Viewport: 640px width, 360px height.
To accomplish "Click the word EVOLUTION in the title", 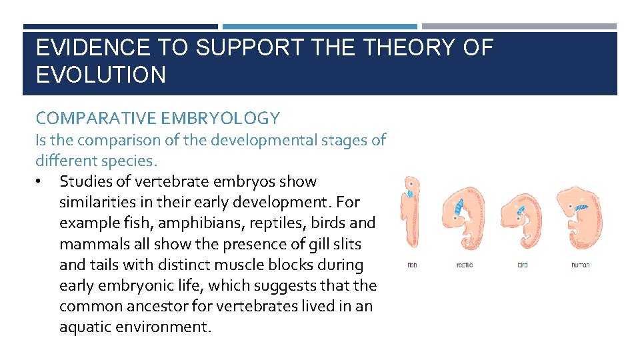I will tap(101, 74).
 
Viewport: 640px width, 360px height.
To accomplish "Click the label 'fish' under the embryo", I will tap(412, 265).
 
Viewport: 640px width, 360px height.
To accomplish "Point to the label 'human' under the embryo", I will tap(580, 265).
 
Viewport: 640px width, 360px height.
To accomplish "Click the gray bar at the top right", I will tap(519, 27).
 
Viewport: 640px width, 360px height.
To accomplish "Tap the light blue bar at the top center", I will tap(319, 27).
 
